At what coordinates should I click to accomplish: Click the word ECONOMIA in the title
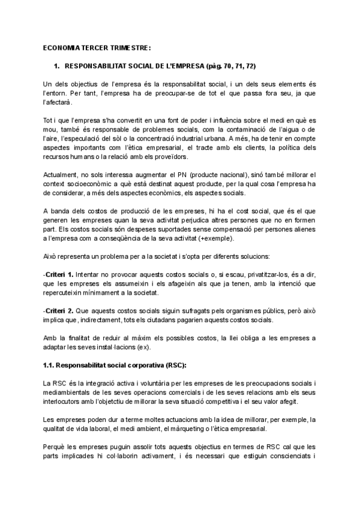pos(62,47)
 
